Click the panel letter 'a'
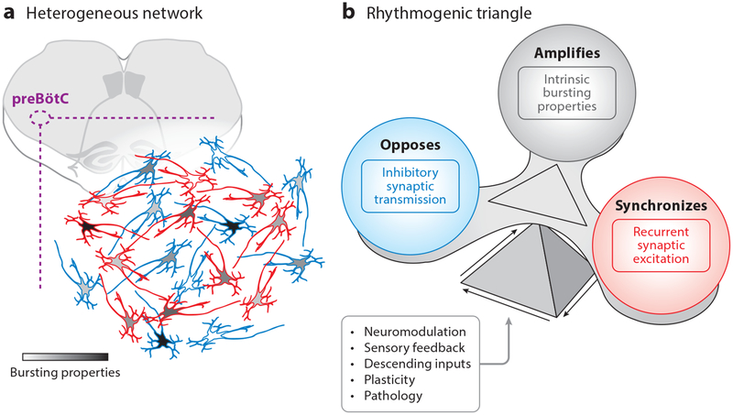pos(6,11)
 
